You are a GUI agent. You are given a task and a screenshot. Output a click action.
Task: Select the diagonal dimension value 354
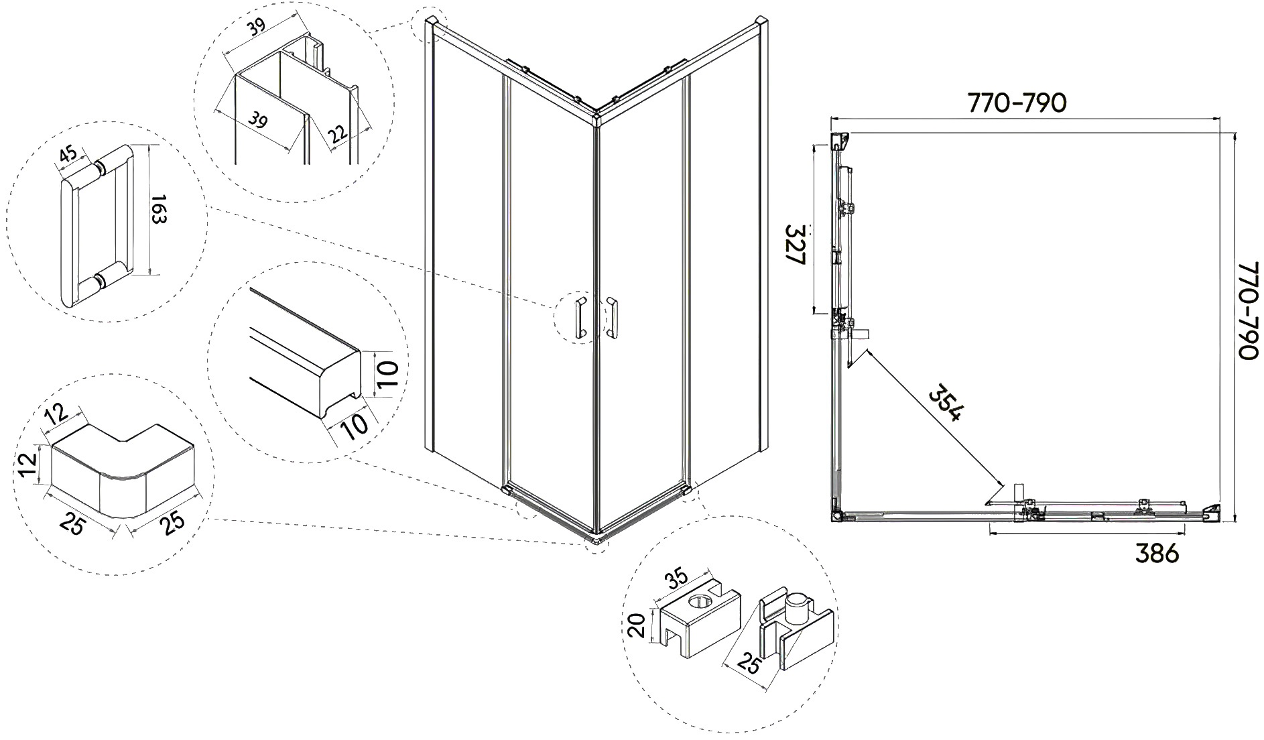click(944, 402)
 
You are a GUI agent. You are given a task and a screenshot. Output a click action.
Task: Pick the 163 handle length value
click(160, 209)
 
